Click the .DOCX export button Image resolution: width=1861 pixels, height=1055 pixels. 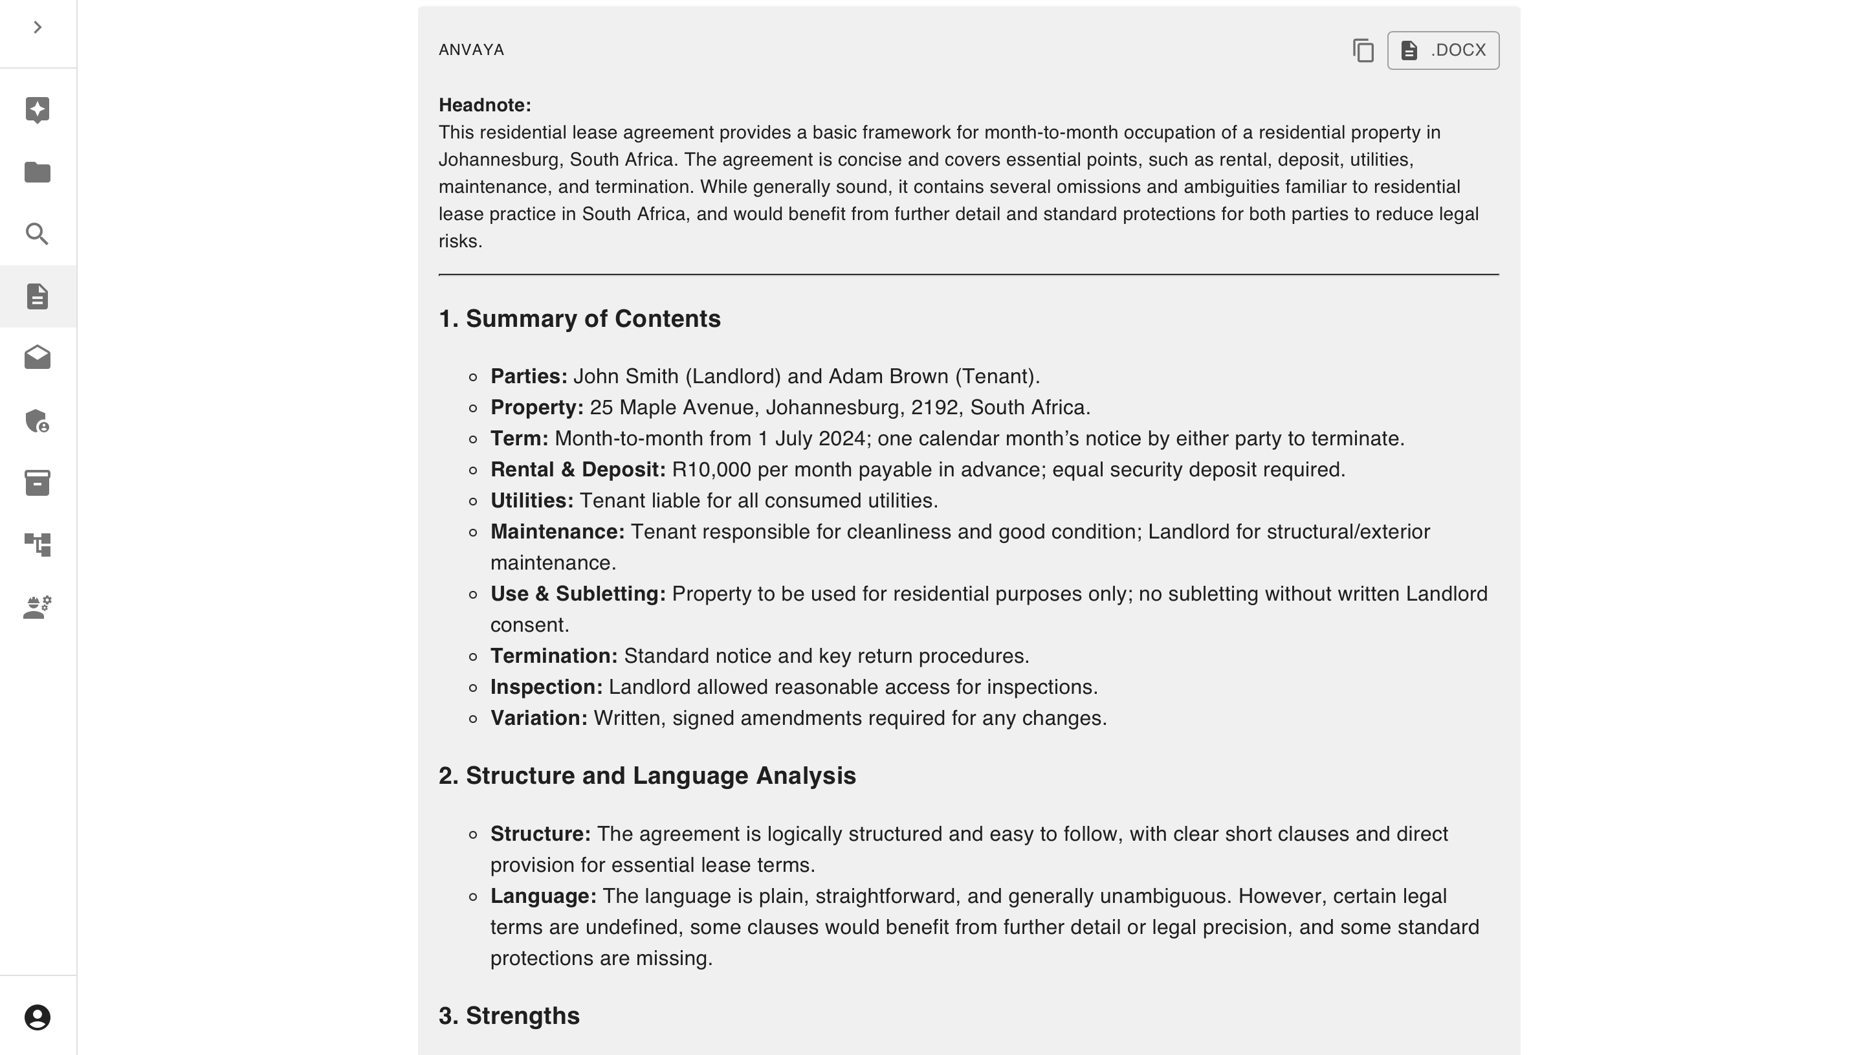point(1442,50)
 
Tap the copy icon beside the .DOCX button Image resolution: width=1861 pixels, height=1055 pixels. point(1363,50)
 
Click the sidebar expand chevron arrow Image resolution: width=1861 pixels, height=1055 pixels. point(38,28)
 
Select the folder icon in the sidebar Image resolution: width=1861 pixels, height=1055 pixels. point(38,172)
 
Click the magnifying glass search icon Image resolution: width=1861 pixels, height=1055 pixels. point(38,234)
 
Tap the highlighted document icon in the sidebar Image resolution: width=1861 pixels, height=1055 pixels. point(38,296)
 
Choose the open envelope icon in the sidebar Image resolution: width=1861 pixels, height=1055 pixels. point(38,357)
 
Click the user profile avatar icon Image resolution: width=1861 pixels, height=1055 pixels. point(38,1017)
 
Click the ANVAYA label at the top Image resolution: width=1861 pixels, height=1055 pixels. point(472,50)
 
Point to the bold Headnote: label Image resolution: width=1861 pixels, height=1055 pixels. point(485,105)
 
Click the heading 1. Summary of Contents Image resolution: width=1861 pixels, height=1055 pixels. point(580,319)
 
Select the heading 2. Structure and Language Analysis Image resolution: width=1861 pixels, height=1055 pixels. point(647,775)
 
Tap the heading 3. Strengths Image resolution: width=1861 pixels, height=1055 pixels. point(509,1016)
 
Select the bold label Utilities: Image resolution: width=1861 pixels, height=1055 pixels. point(532,501)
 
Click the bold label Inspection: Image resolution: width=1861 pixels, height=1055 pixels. point(546,687)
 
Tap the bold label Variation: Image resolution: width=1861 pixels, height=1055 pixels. point(539,718)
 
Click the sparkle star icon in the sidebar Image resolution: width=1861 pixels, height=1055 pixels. point(38,110)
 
